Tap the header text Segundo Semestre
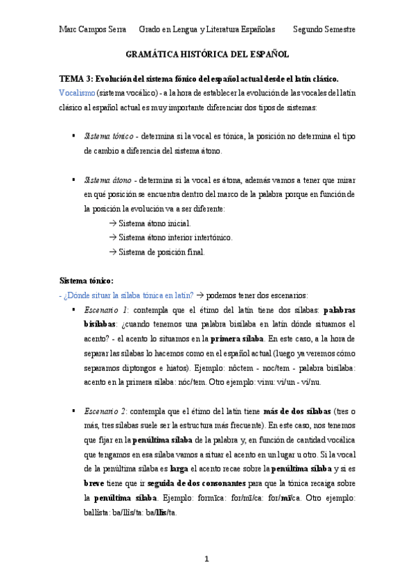pos(324,30)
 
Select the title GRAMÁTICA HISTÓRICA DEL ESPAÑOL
pos(207,53)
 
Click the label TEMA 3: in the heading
pos(76,78)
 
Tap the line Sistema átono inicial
pos(154,223)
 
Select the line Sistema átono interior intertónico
pos(175,237)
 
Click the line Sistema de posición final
pos(161,252)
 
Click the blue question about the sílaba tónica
pos(119,295)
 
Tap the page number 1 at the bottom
pos(206,558)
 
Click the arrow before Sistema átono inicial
pos(113,223)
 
